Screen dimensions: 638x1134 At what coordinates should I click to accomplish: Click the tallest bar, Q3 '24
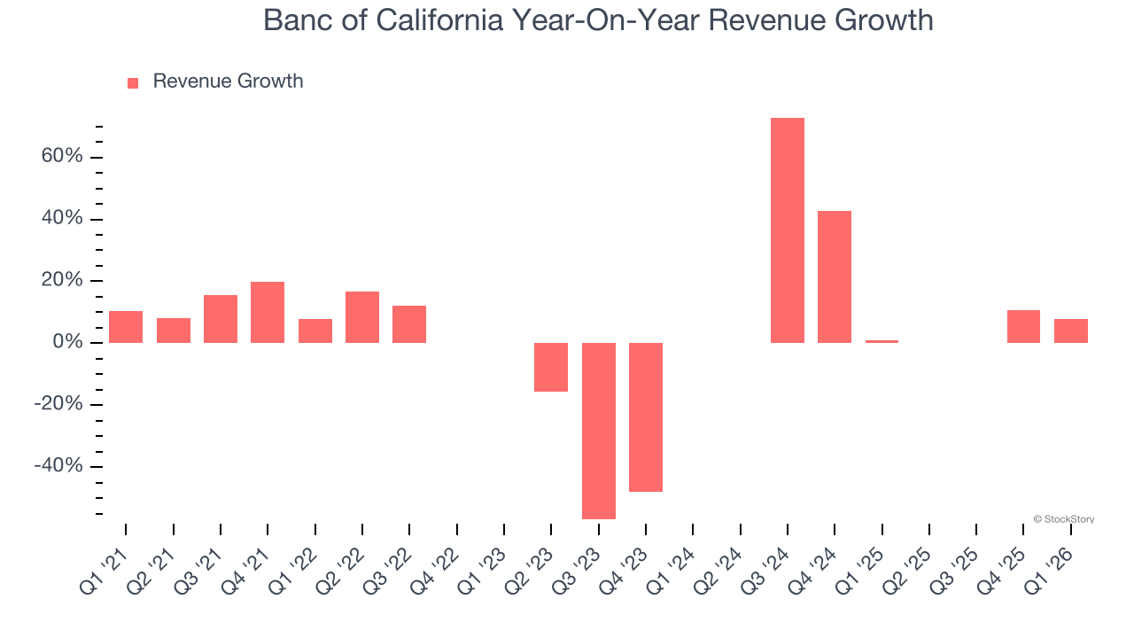click(x=787, y=230)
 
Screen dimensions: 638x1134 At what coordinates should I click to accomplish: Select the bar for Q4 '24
click(x=835, y=276)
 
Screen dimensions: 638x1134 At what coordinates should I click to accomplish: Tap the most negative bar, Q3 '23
click(x=598, y=431)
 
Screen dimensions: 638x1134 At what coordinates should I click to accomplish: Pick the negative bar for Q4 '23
click(x=646, y=416)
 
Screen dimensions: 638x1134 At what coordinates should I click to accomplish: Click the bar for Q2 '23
click(x=551, y=367)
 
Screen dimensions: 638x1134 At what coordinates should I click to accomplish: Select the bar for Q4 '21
click(x=268, y=312)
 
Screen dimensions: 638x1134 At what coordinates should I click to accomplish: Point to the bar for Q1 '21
click(x=126, y=327)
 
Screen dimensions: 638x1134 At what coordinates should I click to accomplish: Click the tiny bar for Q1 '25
click(x=882, y=341)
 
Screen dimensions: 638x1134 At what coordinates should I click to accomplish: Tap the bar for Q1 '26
click(x=1070, y=331)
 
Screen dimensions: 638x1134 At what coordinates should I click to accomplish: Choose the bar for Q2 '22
click(x=362, y=317)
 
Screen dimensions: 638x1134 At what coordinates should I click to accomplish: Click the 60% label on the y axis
click(x=61, y=157)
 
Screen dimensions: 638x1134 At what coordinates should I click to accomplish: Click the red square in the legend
click(x=133, y=83)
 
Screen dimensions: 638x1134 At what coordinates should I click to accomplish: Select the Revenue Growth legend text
click(x=228, y=82)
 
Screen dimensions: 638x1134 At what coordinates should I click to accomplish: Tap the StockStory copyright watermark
click(x=1063, y=519)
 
